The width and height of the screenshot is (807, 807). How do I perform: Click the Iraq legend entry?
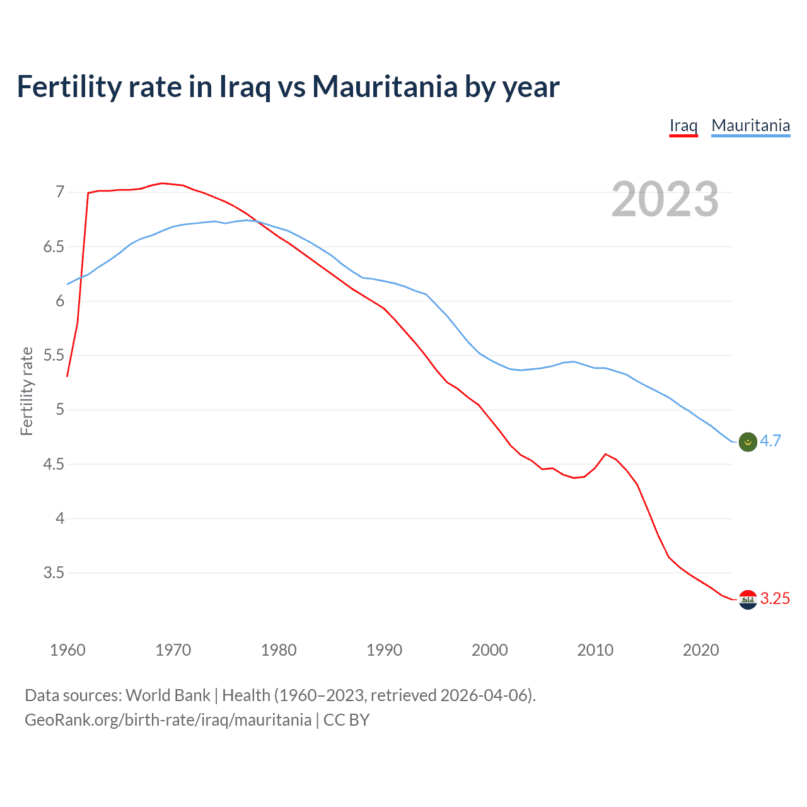[683, 125]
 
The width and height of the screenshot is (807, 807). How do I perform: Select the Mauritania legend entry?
[750, 125]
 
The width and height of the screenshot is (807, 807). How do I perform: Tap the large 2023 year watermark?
[665, 199]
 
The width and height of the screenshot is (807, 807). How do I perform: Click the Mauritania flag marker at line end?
[747, 442]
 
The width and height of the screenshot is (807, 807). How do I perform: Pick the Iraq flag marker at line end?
[747, 600]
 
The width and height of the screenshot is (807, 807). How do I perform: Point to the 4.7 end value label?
[770, 441]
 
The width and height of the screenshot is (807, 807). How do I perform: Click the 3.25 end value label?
[775, 599]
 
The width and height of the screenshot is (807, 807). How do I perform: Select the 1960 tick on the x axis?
[67, 650]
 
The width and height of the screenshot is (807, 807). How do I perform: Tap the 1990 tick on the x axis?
[384, 650]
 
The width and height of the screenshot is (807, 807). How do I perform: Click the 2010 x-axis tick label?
[595, 650]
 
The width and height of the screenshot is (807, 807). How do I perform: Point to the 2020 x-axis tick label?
[700, 650]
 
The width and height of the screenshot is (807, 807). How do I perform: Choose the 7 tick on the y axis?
[60, 192]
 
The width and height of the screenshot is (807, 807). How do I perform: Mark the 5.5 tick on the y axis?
[54, 356]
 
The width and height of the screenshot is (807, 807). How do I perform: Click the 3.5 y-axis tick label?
[54, 573]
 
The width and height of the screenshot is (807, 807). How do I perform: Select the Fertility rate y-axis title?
[26, 391]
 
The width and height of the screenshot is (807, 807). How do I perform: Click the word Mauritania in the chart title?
[385, 87]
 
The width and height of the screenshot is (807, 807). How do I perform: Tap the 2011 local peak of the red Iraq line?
[605, 454]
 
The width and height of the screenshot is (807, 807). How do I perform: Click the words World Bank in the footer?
[168, 695]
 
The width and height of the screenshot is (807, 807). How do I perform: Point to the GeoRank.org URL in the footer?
[168, 720]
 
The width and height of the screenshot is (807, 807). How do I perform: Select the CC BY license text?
[346, 720]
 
